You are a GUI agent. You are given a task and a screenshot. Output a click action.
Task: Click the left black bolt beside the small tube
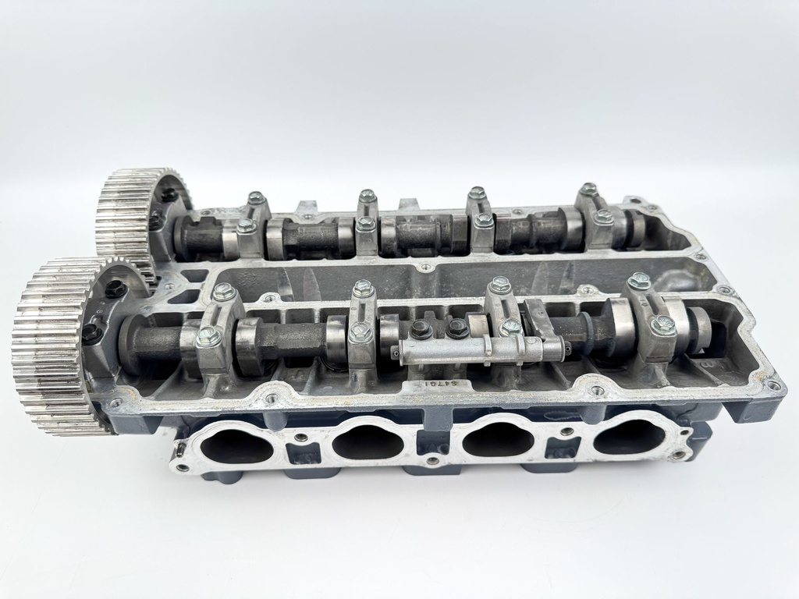(x=422, y=329)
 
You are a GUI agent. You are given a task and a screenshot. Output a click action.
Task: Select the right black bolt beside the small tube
(x=458, y=328)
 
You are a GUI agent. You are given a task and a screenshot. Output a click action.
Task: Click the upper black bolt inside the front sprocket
(x=115, y=289)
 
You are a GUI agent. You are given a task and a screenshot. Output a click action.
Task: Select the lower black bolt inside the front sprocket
(x=91, y=335)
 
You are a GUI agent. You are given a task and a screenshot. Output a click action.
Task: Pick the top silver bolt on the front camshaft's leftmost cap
(x=224, y=292)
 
